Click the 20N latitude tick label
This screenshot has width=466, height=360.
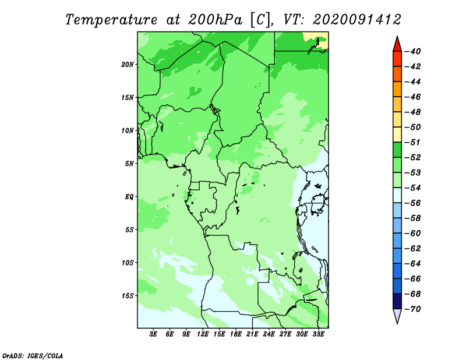point(128,65)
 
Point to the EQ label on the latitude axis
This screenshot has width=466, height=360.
point(129,197)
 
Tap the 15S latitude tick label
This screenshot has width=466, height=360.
point(128,296)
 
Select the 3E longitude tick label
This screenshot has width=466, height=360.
point(153,334)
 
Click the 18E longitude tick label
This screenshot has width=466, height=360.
point(236,334)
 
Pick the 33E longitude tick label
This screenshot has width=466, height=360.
point(318,334)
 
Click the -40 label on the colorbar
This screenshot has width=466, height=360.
point(412,51)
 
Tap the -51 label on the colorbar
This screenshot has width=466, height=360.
point(412,142)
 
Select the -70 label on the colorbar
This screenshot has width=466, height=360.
point(412,309)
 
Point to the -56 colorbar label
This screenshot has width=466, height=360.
point(412,203)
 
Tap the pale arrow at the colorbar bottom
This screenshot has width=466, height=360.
point(397,316)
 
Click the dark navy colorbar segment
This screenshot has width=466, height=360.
point(397,301)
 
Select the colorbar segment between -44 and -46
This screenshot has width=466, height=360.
point(397,89)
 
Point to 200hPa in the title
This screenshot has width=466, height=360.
point(215,20)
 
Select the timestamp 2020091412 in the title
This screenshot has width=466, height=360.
point(357,20)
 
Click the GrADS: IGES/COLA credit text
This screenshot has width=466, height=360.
point(33,356)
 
